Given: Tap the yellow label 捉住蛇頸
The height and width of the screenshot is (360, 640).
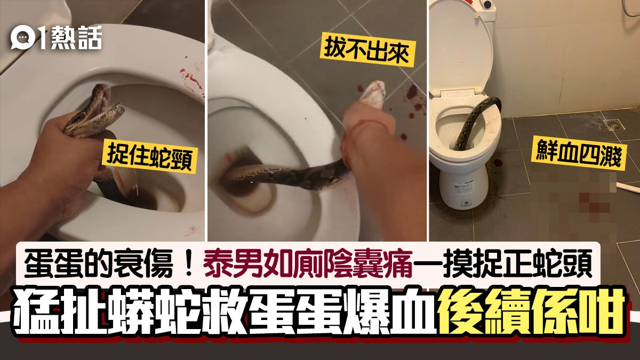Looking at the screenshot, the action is point(150,157).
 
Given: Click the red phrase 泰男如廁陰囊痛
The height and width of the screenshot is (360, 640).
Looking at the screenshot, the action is point(308,263).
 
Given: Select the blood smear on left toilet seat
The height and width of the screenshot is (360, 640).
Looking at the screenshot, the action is point(191,83).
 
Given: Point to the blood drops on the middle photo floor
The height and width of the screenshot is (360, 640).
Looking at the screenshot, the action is point(411,109).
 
